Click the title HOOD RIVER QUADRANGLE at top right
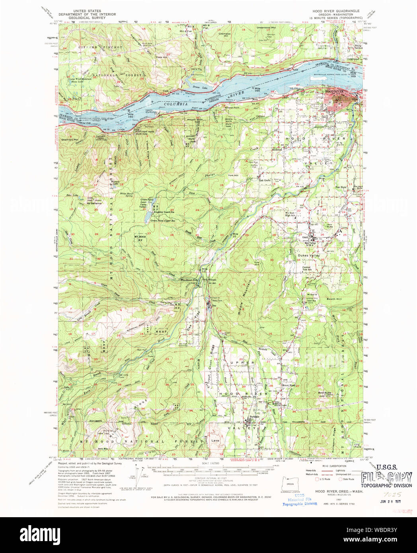pos(336,11)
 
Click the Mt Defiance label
pos(94,203)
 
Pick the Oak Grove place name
pos(265,180)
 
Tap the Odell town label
pos(306,238)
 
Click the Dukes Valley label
pos(312,255)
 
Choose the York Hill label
pos(233,175)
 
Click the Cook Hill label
pos(161,57)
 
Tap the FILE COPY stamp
pos(386,477)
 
